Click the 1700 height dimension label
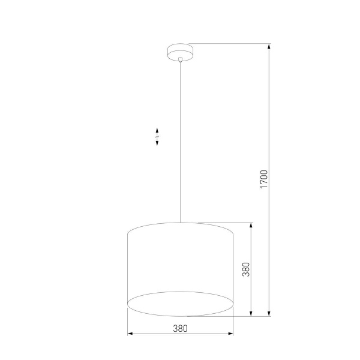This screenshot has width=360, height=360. [263, 180]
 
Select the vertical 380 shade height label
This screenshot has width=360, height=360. [245, 270]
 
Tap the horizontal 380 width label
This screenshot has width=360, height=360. [180, 328]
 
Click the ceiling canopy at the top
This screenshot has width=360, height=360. [180, 51]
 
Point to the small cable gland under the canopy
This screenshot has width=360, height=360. [180, 59]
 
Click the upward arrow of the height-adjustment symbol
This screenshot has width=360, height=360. [157, 131]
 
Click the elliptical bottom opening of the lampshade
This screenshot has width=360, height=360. [180, 304]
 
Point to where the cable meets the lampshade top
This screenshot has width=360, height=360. [180, 223]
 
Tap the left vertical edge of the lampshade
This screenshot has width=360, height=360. [128, 267]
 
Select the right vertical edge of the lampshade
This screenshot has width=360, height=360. [233, 267]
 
